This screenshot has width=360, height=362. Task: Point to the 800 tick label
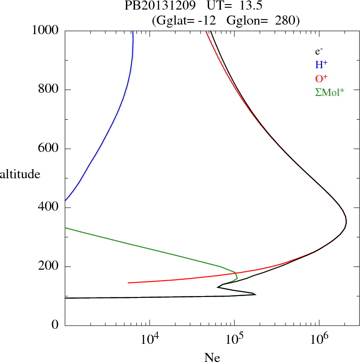coord(50,90)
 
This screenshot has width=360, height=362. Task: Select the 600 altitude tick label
coord(50,149)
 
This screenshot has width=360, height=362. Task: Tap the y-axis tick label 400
coord(50,208)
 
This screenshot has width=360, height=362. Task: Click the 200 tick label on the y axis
coord(50,266)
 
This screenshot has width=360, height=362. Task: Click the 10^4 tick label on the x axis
coord(150,339)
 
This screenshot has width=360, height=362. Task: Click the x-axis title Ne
coord(211,357)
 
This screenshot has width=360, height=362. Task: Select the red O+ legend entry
coord(321,78)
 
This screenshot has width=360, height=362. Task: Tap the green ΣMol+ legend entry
coord(330,92)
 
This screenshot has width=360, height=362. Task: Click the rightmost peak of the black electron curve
coord(346,222)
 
